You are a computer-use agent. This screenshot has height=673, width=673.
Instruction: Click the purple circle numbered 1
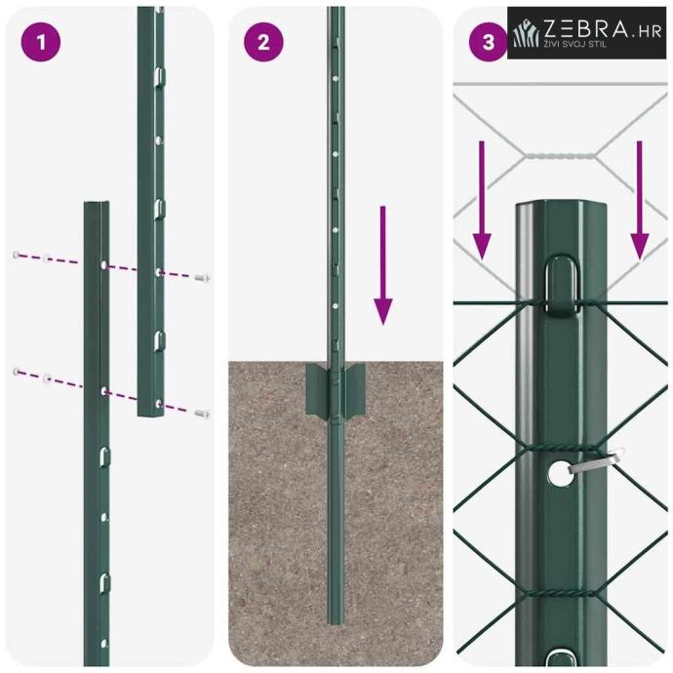(x=41, y=42)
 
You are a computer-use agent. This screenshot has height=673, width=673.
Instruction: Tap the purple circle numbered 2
(x=263, y=42)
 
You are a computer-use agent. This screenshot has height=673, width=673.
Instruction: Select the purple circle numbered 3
(x=488, y=42)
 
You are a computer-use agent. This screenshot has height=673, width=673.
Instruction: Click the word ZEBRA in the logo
(x=585, y=29)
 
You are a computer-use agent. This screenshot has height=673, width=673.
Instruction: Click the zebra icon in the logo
(x=527, y=32)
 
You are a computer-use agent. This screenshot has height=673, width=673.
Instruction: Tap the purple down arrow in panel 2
(x=383, y=265)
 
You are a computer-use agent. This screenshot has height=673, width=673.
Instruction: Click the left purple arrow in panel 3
(x=482, y=200)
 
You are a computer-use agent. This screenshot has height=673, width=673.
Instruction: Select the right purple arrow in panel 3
(x=640, y=200)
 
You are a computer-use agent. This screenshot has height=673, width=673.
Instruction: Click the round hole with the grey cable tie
(x=560, y=474)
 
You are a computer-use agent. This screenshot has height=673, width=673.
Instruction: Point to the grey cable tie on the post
(x=597, y=461)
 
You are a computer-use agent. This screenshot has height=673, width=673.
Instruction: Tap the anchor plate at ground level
(x=336, y=390)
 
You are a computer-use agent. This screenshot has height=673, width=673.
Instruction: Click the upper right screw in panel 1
(x=202, y=278)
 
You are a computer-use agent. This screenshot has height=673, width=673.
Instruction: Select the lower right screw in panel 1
(x=202, y=414)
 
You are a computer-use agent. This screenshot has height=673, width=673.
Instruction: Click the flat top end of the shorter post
(x=97, y=204)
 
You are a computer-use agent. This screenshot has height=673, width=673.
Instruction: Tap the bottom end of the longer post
(x=150, y=414)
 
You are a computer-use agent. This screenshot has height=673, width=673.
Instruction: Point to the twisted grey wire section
(x=561, y=155)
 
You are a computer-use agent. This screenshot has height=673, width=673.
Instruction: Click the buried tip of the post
(x=336, y=621)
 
